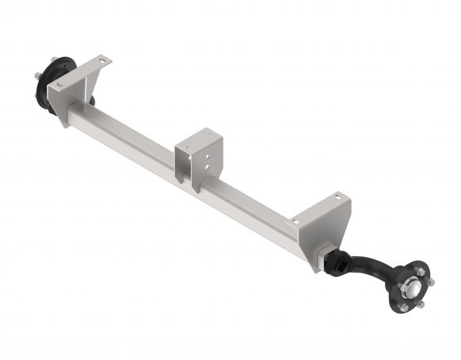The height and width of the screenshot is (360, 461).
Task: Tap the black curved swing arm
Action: [x=368, y=267]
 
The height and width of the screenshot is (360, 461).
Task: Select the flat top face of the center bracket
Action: [x=197, y=136]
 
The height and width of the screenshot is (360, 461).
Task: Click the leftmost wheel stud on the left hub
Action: [x=37, y=76]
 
